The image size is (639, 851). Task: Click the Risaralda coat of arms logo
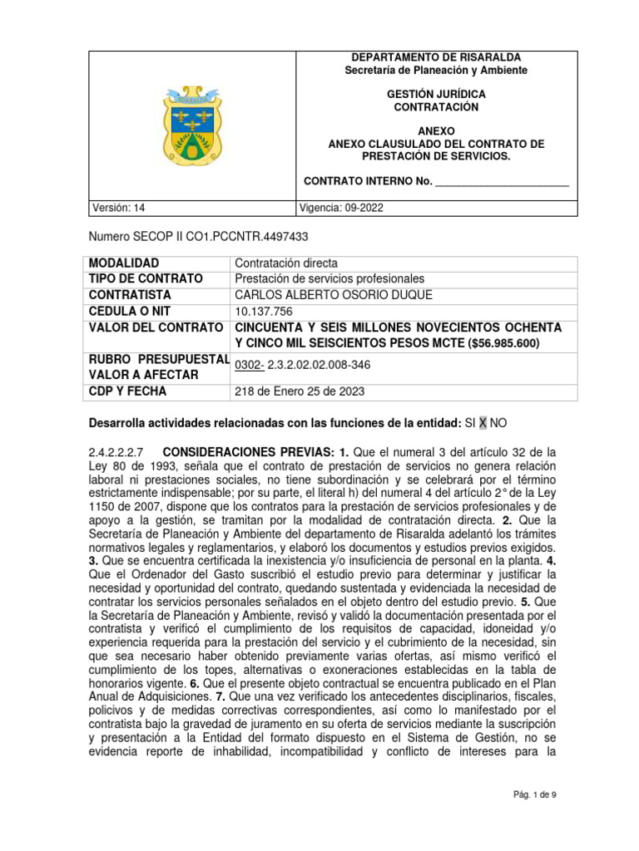click(x=193, y=125)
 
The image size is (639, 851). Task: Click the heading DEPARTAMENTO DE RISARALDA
click(x=436, y=57)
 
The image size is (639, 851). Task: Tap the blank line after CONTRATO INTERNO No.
click(x=502, y=180)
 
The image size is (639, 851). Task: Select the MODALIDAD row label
click(x=124, y=263)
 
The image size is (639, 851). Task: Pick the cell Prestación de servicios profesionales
click(x=329, y=278)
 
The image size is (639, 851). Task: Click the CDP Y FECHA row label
click(x=127, y=391)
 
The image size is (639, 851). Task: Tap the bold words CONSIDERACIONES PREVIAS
click(x=250, y=453)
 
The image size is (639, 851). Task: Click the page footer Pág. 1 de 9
click(x=533, y=794)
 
